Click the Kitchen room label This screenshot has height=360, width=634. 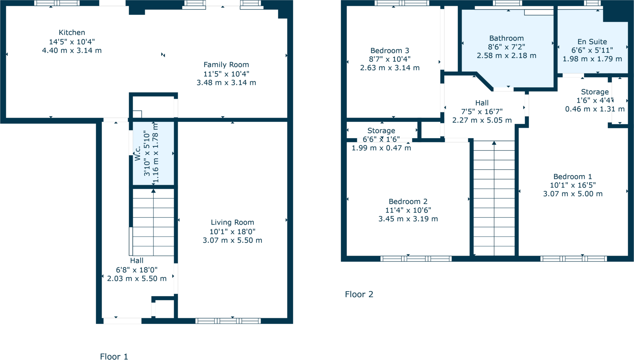click(x=72, y=33)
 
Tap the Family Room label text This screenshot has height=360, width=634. click(x=226, y=65)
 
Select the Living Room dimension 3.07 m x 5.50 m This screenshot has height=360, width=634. click(x=232, y=240)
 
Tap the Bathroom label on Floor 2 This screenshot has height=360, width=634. click(x=506, y=38)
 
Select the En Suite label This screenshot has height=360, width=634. click(x=592, y=42)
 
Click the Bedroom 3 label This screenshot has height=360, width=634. click(x=389, y=50)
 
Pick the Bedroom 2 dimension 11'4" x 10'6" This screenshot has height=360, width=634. click(x=408, y=210)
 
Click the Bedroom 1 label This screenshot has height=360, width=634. click(x=573, y=177)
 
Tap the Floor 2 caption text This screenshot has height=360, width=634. click(x=359, y=294)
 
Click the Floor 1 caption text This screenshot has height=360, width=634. click(x=114, y=357)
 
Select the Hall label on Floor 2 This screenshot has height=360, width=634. click(x=482, y=103)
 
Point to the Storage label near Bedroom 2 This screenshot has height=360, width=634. click(x=381, y=131)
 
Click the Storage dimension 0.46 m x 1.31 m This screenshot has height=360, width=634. click(x=595, y=109)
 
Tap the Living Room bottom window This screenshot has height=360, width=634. click(x=228, y=321)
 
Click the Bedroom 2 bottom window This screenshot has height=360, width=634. click(x=416, y=259)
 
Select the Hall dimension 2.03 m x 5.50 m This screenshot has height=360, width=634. click(x=137, y=279)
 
